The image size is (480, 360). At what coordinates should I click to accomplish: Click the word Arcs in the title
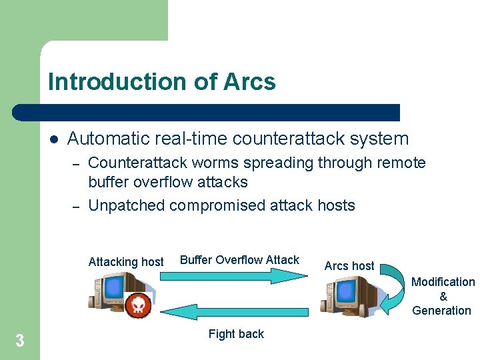pyautogui.click(x=250, y=82)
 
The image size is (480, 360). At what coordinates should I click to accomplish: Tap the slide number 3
pyautogui.click(x=20, y=341)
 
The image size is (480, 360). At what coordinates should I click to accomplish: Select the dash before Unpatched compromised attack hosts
pyautogui.click(x=76, y=206)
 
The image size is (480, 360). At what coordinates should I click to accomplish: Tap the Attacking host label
pyautogui.click(x=126, y=262)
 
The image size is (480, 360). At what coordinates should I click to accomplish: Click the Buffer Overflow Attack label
pyautogui.click(x=240, y=260)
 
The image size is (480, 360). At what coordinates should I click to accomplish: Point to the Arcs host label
pyautogui.click(x=349, y=266)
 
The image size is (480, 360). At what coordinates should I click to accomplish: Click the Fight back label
pyautogui.click(x=236, y=334)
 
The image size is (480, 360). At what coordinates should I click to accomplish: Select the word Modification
pyautogui.click(x=443, y=282)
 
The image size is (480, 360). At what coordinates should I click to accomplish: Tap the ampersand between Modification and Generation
pyautogui.click(x=443, y=297)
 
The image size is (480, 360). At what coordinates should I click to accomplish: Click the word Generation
pyautogui.click(x=441, y=311)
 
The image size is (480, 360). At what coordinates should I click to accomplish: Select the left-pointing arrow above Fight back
pyautogui.click(x=235, y=311)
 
